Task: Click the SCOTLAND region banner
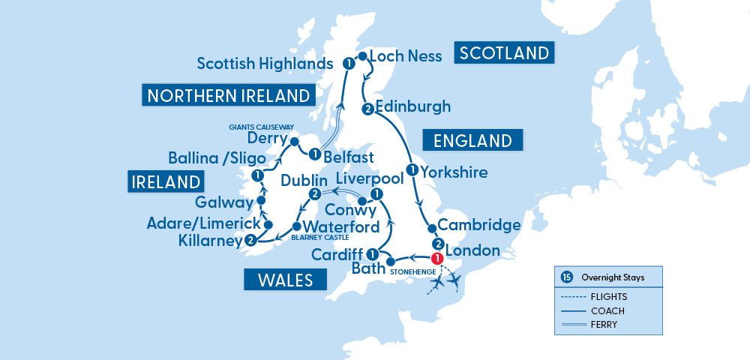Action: [x=505, y=53]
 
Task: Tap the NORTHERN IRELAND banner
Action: [x=227, y=95]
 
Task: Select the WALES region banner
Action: [x=285, y=280]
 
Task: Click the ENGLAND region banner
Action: [x=472, y=140]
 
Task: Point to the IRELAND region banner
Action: [x=166, y=182]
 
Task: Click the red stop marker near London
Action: [x=437, y=259]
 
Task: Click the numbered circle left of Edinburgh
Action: [x=367, y=110]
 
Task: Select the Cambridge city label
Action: [x=478, y=225]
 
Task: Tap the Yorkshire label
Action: [x=454, y=172]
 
